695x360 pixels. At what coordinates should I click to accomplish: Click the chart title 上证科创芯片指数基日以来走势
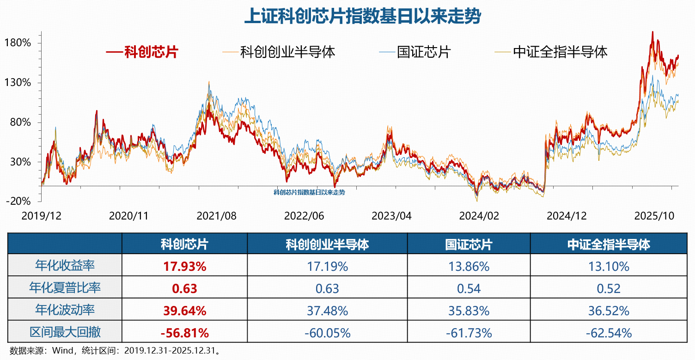point(362,17)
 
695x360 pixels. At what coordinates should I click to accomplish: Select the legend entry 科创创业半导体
point(287,51)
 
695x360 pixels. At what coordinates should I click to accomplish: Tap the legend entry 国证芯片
point(423,51)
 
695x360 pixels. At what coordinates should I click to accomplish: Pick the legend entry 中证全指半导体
point(560,51)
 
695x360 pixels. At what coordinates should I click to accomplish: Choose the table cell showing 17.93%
point(184,267)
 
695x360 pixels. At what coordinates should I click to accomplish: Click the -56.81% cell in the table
point(184,333)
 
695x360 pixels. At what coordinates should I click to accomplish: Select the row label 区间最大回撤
point(65,333)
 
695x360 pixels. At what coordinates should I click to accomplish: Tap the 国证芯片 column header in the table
point(469,244)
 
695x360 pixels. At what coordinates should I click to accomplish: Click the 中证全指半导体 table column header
point(609,244)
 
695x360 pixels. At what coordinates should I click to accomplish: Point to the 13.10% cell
point(609,267)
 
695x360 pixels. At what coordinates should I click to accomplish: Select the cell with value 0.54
point(469,289)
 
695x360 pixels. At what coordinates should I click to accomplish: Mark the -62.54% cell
point(609,333)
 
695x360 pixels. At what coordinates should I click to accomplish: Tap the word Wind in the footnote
point(62,350)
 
